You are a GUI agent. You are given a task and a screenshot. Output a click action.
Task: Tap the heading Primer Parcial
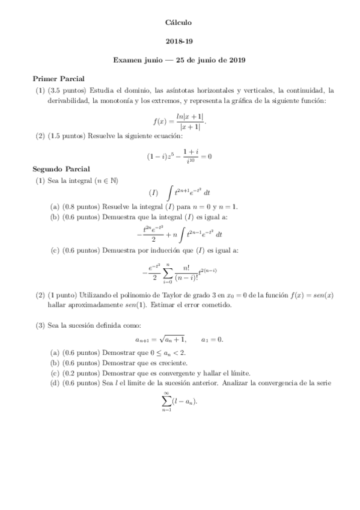pyautogui.click(x=58, y=79)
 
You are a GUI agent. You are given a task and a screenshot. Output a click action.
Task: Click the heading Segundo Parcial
pyautogui.click(x=61, y=170)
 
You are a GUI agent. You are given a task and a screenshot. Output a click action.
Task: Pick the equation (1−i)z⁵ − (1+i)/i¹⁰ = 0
pyautogui.click(x=180, y=156)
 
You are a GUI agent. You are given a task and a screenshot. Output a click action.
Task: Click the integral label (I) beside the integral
pyautogui.click(x=154, y=192)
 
